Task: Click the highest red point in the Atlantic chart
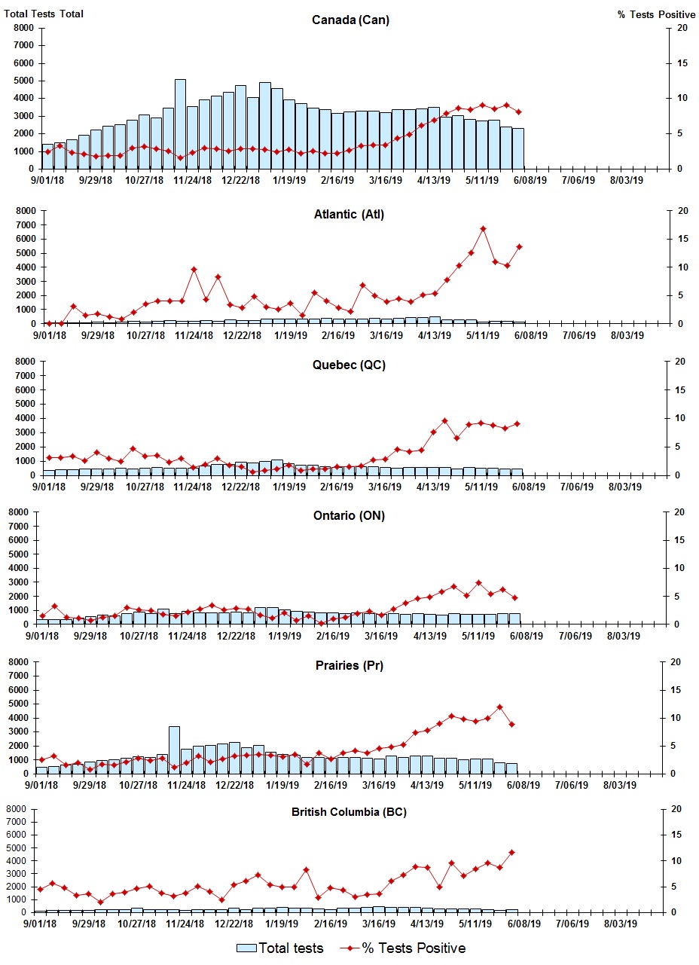click(x=483, y=229)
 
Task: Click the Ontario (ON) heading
click(x=349, y=516)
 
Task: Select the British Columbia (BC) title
click(x=349, y=812)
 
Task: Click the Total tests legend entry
click(x=280, y=948)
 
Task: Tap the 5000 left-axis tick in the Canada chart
click(x=23, y=81)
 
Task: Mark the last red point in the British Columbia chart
click(x=511, y=852)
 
